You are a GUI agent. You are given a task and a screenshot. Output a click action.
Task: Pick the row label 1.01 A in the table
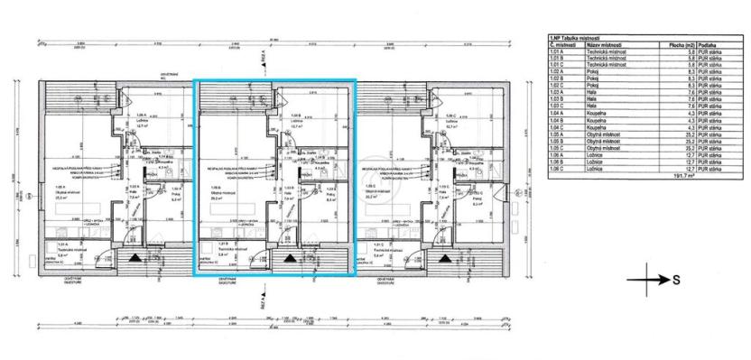[x=560, y=51]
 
